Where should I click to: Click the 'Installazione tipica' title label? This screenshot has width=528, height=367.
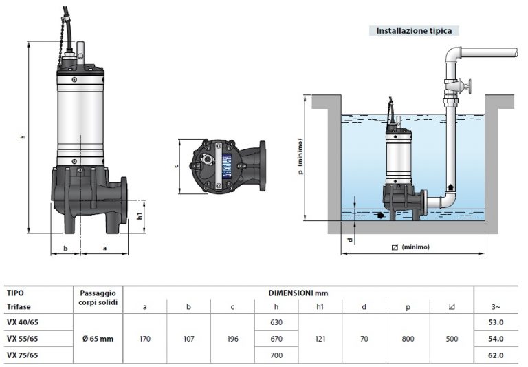pos(414,31)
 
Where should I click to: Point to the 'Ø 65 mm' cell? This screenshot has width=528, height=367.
pos(98,338)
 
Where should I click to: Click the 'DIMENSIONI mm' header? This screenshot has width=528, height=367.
pos(298,293)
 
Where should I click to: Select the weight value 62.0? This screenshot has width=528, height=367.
pos(495,355)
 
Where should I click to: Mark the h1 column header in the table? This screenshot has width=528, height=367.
pos(320,306)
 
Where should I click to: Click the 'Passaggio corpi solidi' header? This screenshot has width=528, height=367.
pos(98,298)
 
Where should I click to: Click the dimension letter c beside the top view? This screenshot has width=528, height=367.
pos(177,166)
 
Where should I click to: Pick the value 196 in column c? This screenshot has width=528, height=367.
pos(233,338)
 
